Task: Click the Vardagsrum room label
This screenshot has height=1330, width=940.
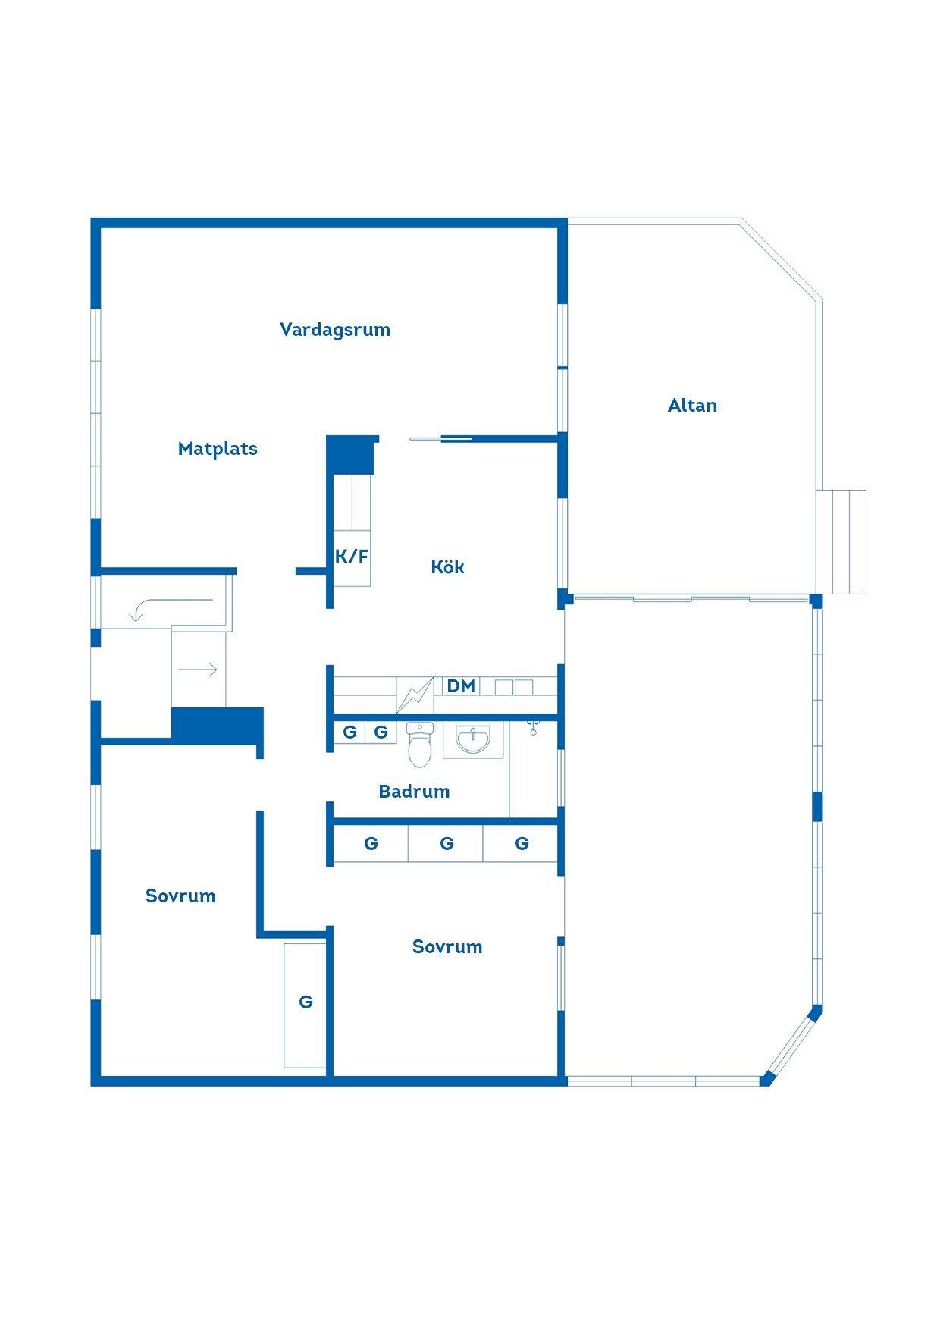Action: [x=335, y=330]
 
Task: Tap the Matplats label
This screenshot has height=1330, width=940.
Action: [x=218, y=449]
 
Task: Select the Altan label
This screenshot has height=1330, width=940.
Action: [x=692, y=406]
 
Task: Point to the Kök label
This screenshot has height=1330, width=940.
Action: [x=447, y=566]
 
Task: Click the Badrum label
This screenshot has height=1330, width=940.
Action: [x=414, y=792]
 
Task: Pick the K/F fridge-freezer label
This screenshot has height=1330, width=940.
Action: [x=352, y=557]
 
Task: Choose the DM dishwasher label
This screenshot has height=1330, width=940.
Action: [x=461, y=686]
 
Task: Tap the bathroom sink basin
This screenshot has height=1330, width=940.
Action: [x=472, y=739]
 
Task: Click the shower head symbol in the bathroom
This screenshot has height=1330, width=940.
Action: [x=533, y=729]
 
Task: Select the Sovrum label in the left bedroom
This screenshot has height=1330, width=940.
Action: [x=180, y=896]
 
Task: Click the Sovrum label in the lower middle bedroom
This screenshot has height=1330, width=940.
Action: [x=447, y=947]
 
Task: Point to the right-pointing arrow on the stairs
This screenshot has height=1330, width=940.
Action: [x=198, y=670]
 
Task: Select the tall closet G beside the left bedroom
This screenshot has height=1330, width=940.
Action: [x=305, y=1005]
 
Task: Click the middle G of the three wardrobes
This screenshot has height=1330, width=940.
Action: [x=446, y=843]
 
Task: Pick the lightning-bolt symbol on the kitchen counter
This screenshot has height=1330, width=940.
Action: [x=415, y=695]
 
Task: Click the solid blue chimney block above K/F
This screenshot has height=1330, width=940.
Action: [x=351, y=454]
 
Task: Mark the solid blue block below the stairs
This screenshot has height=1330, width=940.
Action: [x=218, y=725]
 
